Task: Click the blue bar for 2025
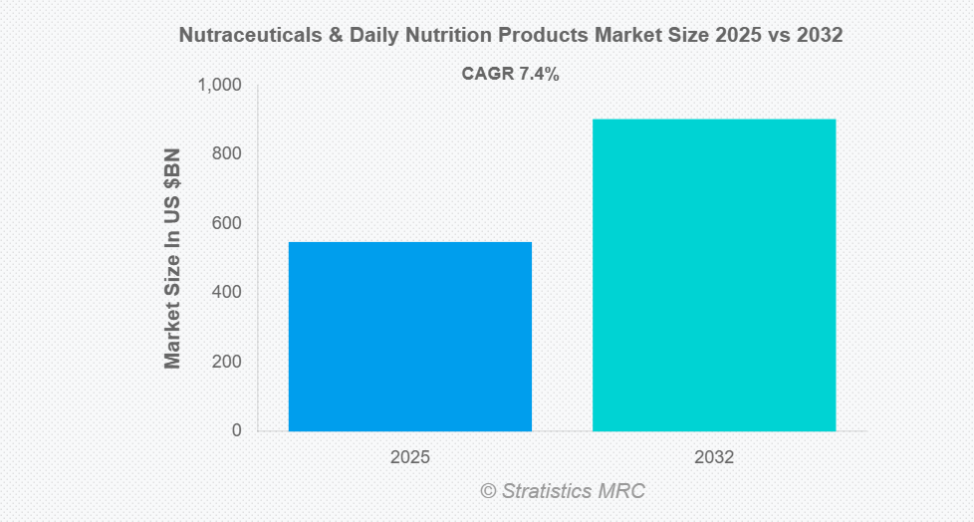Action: click(x=410, y=336)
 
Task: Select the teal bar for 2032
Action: click(x=714, y=275)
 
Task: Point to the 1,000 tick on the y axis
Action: click(x=220, y=86)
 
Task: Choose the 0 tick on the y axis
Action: click(x=236, y=430)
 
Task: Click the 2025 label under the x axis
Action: click(x=410, y=458)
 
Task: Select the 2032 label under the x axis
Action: click(x=714, y=458)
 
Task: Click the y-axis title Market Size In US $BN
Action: click(x=173, y=258)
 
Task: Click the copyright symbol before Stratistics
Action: click(x=488, y=491)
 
